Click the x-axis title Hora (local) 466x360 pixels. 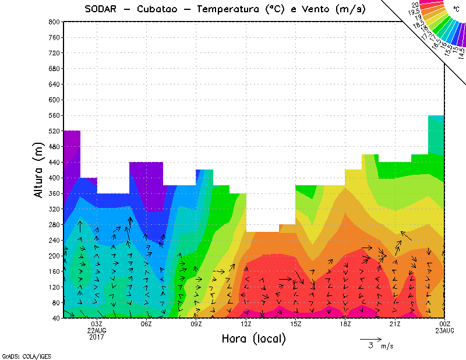253,339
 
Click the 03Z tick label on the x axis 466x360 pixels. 97,324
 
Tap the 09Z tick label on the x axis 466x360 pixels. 196,324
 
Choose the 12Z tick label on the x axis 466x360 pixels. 246,324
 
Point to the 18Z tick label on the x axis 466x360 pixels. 345,324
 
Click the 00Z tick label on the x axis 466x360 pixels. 445,324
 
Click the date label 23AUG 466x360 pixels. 445,330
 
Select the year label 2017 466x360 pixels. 97,337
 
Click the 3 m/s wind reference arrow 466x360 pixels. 370,338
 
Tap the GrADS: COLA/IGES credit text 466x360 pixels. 18,355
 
